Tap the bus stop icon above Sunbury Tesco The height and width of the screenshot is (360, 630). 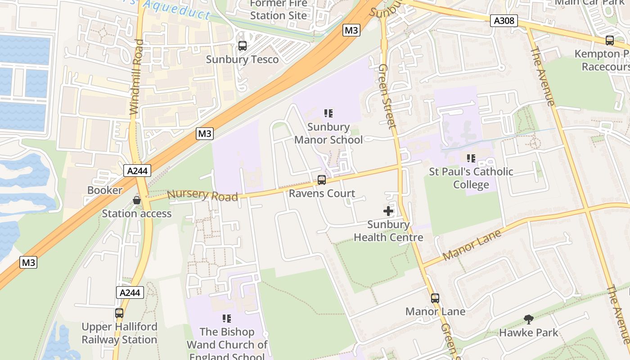point(242,46)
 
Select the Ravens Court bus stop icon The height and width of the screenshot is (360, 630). point(322,180)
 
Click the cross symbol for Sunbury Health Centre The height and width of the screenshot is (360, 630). point(388,211)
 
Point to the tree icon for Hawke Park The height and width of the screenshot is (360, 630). point(529,319)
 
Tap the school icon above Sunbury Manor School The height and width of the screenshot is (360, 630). point(328,113)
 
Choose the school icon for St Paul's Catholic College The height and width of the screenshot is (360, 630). point(471,158)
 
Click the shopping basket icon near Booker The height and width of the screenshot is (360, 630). point(137,200)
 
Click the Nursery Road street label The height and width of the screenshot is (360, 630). point(202,195)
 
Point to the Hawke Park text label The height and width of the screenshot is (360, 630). point(529,333)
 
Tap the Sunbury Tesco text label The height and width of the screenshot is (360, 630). point(242,59)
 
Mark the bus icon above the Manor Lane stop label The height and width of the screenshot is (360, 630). point(435,298)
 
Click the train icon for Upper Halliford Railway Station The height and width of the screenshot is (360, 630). point(119,313)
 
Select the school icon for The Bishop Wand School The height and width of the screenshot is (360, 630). point(227,319)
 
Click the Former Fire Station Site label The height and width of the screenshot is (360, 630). point(279,9)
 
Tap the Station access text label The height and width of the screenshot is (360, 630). point(137,213)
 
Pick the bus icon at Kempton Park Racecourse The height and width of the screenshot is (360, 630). point(610,40)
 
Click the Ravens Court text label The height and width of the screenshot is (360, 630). point(322,193)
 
